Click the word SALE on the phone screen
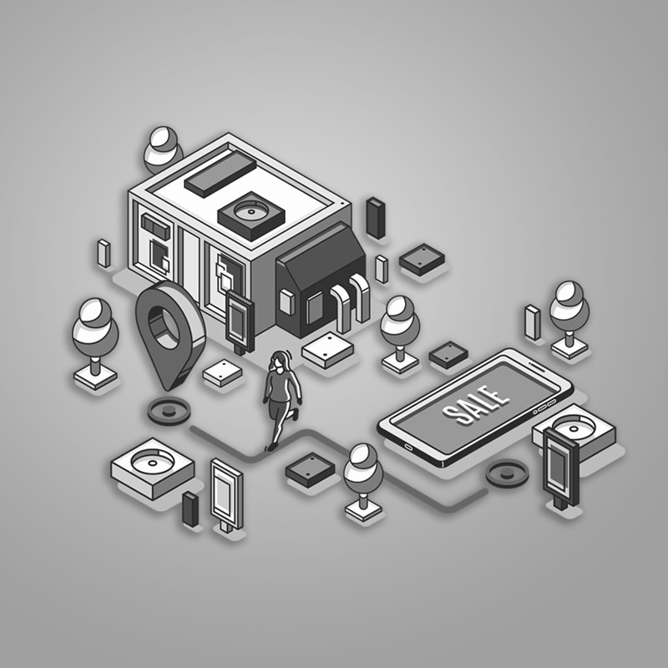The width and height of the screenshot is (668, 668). pos(476,405)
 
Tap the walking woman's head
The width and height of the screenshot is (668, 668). pos(278,361)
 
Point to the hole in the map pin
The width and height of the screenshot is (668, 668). pos(164,326)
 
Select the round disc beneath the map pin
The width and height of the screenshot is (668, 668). pos(169,411)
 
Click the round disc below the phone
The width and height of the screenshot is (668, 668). pos(507,473)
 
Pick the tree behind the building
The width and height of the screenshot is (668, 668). pos(162,149)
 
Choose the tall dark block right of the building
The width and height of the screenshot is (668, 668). pos(376,218)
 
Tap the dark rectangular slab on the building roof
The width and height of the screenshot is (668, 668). pos(220,175)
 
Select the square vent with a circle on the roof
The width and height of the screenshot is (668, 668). pos(251,215)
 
